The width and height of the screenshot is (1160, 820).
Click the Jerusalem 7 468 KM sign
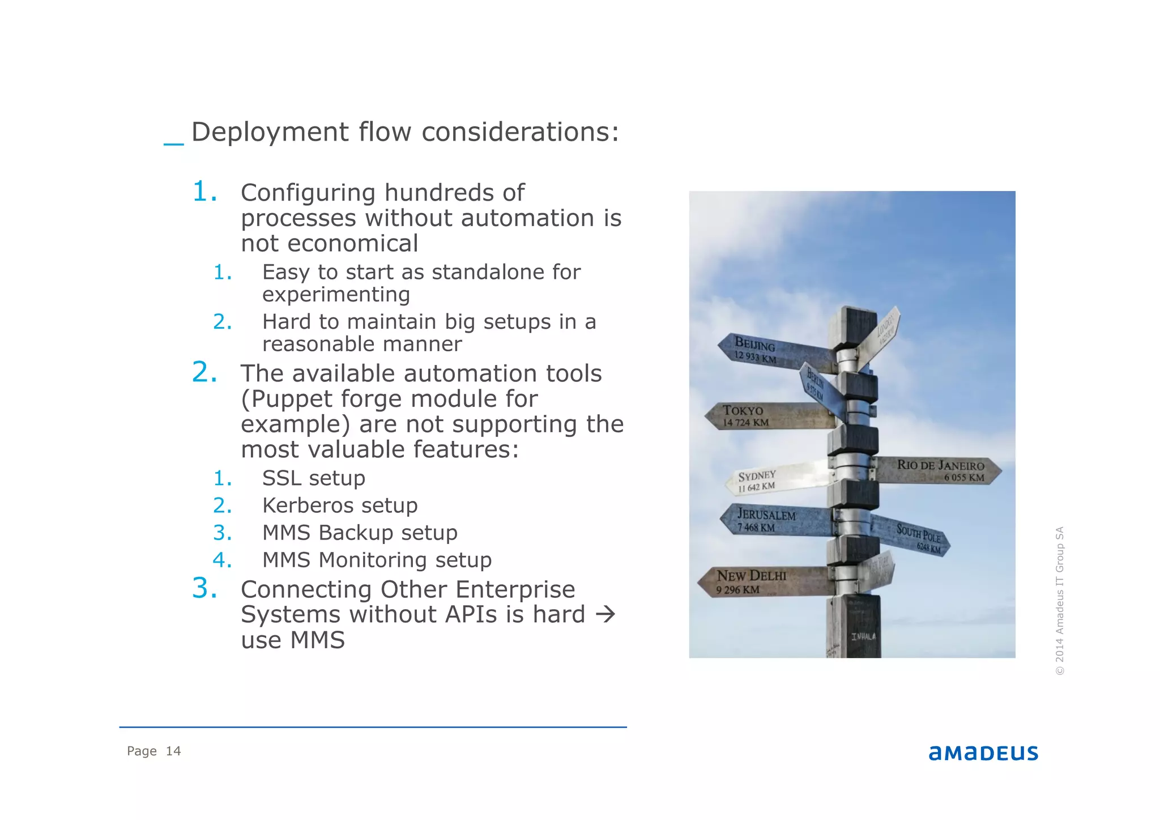click(770, 520)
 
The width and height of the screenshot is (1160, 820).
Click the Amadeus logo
click(983, 753)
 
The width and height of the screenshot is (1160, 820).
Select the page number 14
click(173, 751)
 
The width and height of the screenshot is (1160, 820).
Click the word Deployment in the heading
click(270, 132)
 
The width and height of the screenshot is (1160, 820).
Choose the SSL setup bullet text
click(313, 478)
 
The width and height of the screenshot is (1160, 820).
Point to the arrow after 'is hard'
click(605, 614)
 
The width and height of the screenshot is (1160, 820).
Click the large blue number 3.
click(204, 588)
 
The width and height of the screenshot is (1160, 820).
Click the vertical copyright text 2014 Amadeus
click(1059, 601)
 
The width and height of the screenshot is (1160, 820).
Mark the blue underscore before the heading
click(173, 145)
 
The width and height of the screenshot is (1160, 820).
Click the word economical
click(353, 244)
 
